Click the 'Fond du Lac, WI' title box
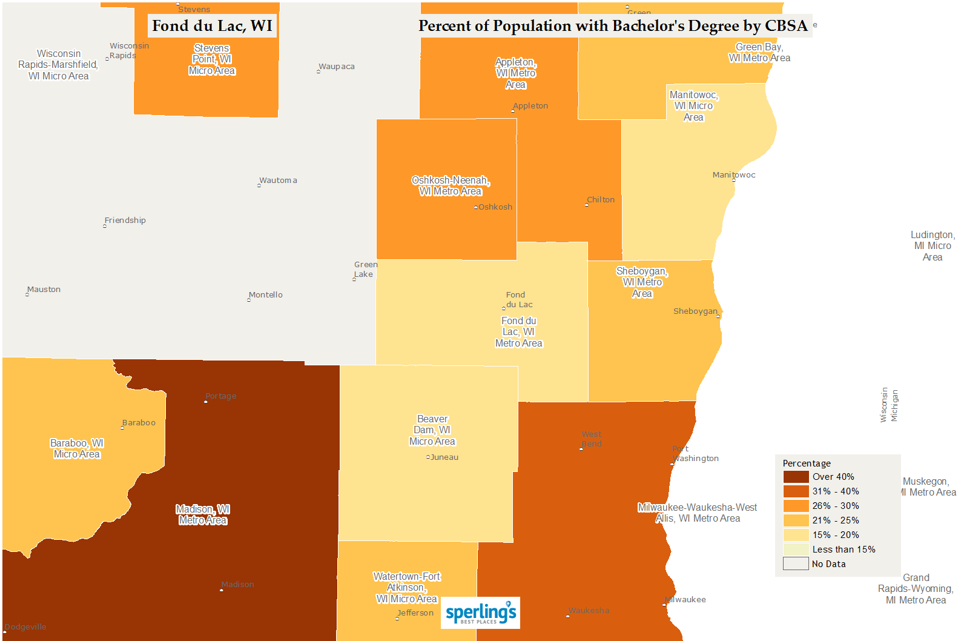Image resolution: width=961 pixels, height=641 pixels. coord(212,26)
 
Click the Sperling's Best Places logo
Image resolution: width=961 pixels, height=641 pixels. coord(480,613)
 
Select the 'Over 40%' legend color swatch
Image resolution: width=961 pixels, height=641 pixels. coord(796,477)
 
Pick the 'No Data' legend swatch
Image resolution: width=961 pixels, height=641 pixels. coord(796,564)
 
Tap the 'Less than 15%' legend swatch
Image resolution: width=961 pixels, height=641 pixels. coord(796,550)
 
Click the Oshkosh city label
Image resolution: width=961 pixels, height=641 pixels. coord(495,207)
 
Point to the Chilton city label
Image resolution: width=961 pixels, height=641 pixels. coord(600,200)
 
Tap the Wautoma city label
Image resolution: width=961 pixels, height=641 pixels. coord(278,181)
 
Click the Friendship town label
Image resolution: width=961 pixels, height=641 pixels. coord(125,221)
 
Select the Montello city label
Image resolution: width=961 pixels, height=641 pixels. coord(265,295)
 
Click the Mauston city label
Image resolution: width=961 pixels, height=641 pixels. coord(44,290)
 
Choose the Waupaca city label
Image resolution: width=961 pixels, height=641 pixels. coord(337,67)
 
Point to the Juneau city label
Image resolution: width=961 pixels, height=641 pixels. coord(444,457)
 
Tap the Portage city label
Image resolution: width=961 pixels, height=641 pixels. coord(220,396)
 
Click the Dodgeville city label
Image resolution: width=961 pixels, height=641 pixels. coord(25,627)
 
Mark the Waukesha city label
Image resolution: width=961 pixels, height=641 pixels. coord(589,611)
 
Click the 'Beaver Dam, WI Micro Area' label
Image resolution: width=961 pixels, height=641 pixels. coord(432,430)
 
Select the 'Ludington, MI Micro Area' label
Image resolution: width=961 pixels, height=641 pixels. coord(933,246)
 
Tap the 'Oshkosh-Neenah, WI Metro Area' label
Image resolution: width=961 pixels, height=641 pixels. coord(451,186)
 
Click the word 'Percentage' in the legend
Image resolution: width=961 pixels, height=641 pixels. coord(807,463)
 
